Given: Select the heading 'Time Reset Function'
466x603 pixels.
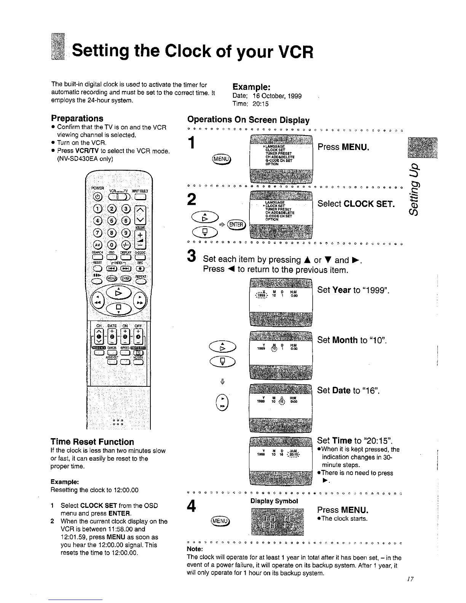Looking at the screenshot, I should click(92, 442).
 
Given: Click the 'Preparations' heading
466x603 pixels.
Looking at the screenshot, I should click(77, 118).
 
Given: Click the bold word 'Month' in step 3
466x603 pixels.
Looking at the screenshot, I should click(345, 340).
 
